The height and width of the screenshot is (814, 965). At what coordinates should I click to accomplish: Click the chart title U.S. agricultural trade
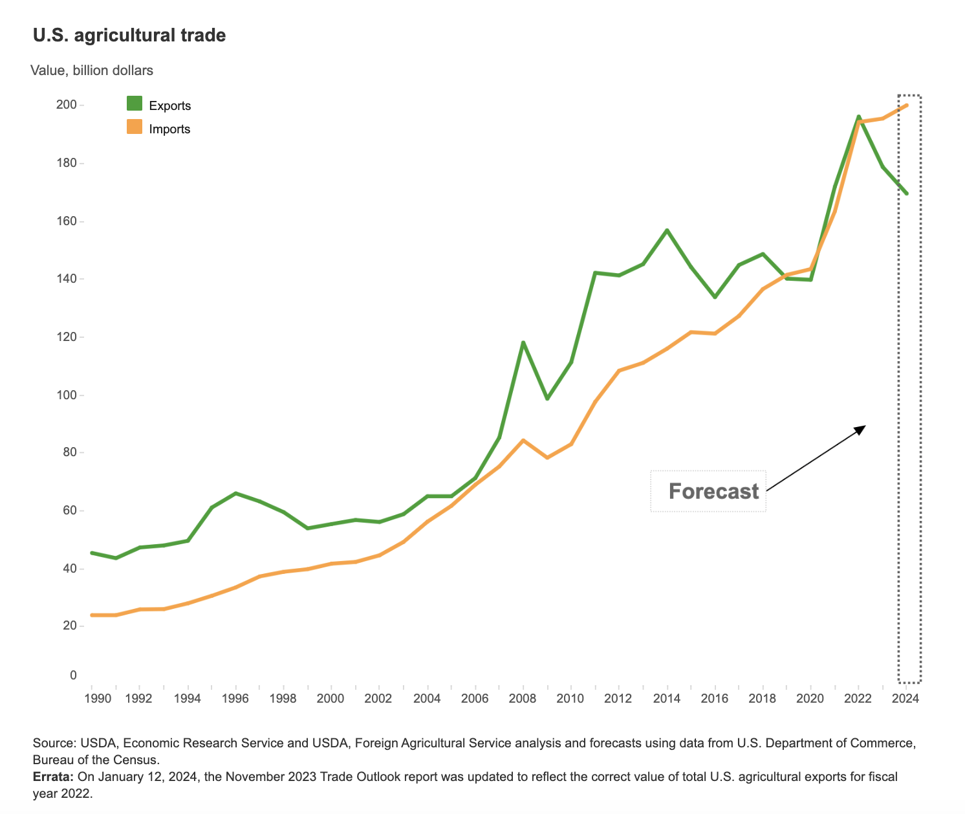129,35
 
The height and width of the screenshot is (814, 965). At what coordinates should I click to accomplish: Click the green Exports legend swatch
135,104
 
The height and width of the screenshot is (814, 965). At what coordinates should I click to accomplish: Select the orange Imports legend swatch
135,127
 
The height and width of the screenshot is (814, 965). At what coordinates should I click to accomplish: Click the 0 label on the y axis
73,675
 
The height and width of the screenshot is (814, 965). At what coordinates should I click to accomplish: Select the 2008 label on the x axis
523,698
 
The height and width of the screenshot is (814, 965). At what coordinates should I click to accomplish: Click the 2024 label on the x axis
906,698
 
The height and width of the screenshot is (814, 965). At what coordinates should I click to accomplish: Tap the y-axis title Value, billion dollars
92,71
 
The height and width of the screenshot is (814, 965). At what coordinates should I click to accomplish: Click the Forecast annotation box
708,491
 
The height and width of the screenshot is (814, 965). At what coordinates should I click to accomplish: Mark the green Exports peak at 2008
523,342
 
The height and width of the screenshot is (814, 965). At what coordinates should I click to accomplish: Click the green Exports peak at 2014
667,230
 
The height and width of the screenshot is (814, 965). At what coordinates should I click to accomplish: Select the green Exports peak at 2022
858,117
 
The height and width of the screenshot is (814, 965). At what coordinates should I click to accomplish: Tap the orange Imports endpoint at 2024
906,105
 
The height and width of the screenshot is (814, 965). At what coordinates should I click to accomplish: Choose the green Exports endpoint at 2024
906,193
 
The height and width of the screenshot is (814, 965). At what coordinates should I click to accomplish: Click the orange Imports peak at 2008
523,441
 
